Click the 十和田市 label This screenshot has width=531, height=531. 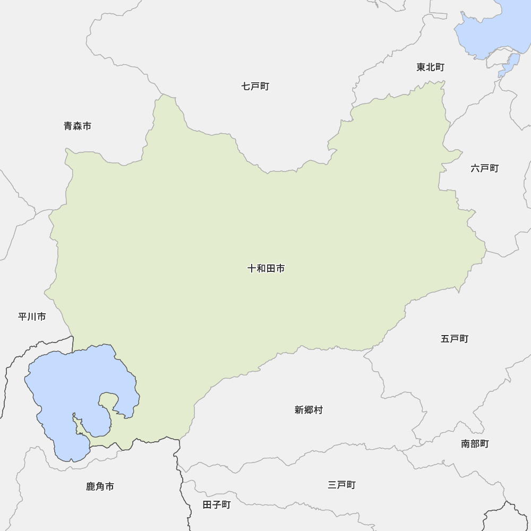tap(266, 269)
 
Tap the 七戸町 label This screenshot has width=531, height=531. tap(255, 86)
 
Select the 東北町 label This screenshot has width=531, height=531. tap(430, 67)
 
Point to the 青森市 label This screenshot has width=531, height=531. tap(78, 126)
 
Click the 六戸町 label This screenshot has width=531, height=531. tap(484, 168)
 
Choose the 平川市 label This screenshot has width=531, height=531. tap(32, 317)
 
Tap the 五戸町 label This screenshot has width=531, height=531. tap(455, 338)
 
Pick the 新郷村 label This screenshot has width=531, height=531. tap(309, 410)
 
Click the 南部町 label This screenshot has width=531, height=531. tap(475, 444)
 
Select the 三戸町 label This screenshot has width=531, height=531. tap(341, 485)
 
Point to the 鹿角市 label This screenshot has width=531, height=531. tap(100, 486)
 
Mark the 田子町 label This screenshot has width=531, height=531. tap(217, 504)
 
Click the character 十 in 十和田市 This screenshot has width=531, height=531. tap(252, 269)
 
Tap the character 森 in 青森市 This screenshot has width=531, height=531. tap(78, 126)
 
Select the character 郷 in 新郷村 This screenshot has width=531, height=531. tap(309, 410)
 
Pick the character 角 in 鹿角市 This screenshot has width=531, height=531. tap(100, 486)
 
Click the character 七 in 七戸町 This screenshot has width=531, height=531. tap(246, 86)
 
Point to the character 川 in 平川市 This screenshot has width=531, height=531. tap(32, 317)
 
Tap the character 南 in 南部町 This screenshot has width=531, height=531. tap(466, 444)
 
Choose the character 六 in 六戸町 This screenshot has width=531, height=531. tap(475, 168)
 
